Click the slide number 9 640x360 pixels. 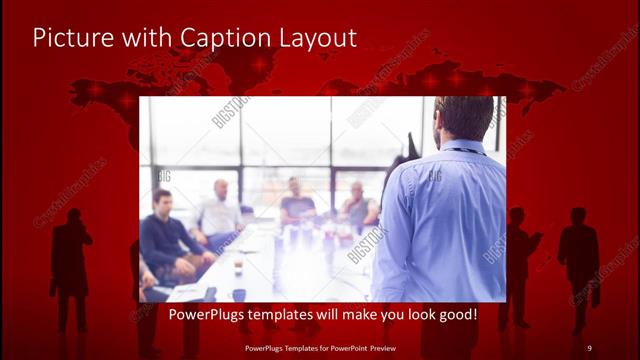(x=589, y=347)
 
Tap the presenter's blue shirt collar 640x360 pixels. (x=461, y=147)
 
